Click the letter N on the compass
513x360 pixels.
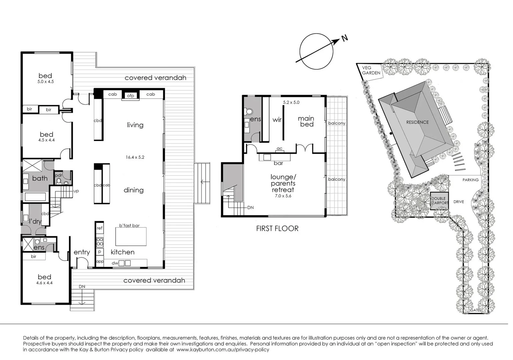pyautogui.click(x=345, y=38)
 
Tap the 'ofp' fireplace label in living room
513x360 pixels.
pyautogui.click(x=130, y=96)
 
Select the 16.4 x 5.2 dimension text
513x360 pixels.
pyautogui.click(x=135, y=157)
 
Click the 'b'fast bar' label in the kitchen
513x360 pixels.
pyautogui.click(x=129, y=226)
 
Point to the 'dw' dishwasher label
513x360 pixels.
pyautogui.click(x=115, y=263)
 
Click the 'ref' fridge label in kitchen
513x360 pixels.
pyautogui.click(x=99, y=228)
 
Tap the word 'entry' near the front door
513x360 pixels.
pyautogui.click(x=82, y=252)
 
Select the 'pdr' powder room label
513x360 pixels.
pyautogui.click(x=58, y=175)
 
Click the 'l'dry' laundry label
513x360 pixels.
pyautogui.click(x=35, y=221)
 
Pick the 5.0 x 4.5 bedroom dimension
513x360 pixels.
pyautogui.click(x=46, y=82)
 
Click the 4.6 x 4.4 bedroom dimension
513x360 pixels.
pyautogui.click(x=44, y=283)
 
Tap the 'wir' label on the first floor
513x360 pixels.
pyautogui.click(x=277, y=120)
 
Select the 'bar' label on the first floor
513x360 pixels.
pyautogui.click(x=278, y=163)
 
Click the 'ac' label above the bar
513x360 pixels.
pyautogui.click(x=280, y=149)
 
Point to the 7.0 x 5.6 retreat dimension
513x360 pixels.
pyautogui.click(x=283, y=196)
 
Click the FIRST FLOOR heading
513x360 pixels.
pyautogui.click(x=277, y=228)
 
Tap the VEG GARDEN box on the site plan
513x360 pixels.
pyautogui.click(x=372, y=70)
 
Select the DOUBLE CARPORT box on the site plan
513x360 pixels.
pyautogui.click(x=439, y=201)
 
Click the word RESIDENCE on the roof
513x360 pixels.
pyautogui.click(x=417, y=122)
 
